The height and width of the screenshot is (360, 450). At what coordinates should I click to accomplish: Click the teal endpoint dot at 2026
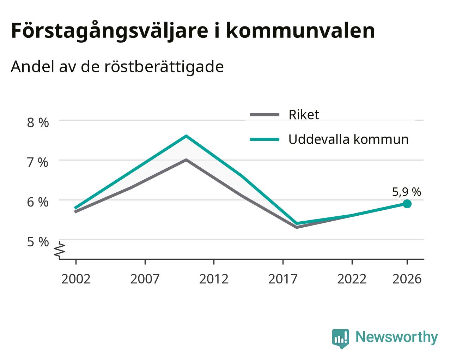click(407, 204)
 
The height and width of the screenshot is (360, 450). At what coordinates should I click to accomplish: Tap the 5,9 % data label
click(407, 192)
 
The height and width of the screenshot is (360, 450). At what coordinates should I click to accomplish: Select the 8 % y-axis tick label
click(38, 123)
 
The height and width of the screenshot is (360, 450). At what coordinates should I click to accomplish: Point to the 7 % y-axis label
click(38, 162)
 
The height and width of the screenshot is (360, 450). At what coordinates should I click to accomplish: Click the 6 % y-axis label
click(38, 202)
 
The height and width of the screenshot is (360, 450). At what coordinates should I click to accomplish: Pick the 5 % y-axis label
click(38, 242)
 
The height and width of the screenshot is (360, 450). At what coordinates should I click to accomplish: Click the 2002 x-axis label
click(76, 279)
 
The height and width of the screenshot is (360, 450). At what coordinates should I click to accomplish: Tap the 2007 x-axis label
click(145, 279)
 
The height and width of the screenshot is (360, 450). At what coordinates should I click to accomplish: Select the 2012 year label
click(214, 279)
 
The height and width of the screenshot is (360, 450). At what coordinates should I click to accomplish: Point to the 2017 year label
click(283, 279)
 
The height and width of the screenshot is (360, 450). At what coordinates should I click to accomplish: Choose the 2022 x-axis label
click(352, 279)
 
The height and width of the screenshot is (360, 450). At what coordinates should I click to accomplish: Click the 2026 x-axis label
click(407, 279)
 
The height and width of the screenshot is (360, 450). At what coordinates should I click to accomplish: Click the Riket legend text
click(304, 115)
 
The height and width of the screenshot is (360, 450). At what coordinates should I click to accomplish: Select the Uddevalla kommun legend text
click(348, 139)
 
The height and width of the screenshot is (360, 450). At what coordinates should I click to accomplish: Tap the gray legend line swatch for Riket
click(264, 115)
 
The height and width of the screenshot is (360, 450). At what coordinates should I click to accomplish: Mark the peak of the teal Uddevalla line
click(186, 136)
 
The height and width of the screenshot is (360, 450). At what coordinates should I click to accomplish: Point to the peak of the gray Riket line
click(186, 160)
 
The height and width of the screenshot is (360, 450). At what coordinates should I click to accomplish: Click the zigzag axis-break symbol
click(60, 249)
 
